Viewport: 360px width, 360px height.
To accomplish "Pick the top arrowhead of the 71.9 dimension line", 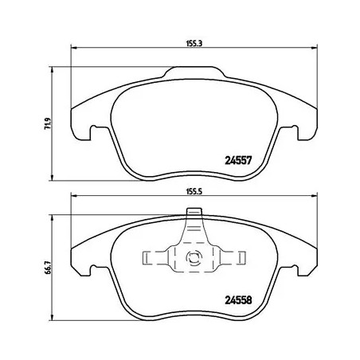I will click(x=53, y=69).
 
